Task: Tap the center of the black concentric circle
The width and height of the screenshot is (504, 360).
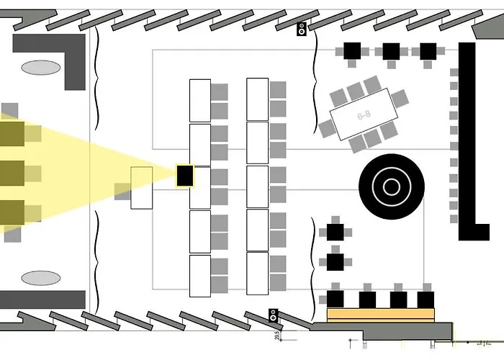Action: point(392,187)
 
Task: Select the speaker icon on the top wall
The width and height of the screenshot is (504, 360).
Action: point(302,30)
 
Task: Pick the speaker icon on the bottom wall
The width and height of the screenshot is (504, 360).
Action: point(274,315)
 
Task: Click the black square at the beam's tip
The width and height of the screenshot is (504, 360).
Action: point(185,175)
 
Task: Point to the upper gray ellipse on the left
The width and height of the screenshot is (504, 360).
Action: point(40,68)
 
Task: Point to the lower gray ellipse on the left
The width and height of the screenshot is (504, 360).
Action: point(40,278)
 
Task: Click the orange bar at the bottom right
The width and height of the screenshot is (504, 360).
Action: point(382,314)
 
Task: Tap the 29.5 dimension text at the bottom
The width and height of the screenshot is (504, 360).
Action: point(277,336)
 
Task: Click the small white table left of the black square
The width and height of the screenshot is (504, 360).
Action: point(141,188)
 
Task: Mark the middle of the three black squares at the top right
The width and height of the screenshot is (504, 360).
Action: point(391,50)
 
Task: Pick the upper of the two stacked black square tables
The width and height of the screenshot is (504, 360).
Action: point(335,232)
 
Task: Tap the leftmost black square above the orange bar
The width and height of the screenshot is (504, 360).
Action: point(336,299)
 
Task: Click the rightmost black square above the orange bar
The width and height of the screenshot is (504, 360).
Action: point(426,299)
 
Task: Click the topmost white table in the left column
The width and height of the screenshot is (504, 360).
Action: point(199,100)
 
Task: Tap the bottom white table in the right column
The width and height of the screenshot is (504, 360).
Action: point(257,273)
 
